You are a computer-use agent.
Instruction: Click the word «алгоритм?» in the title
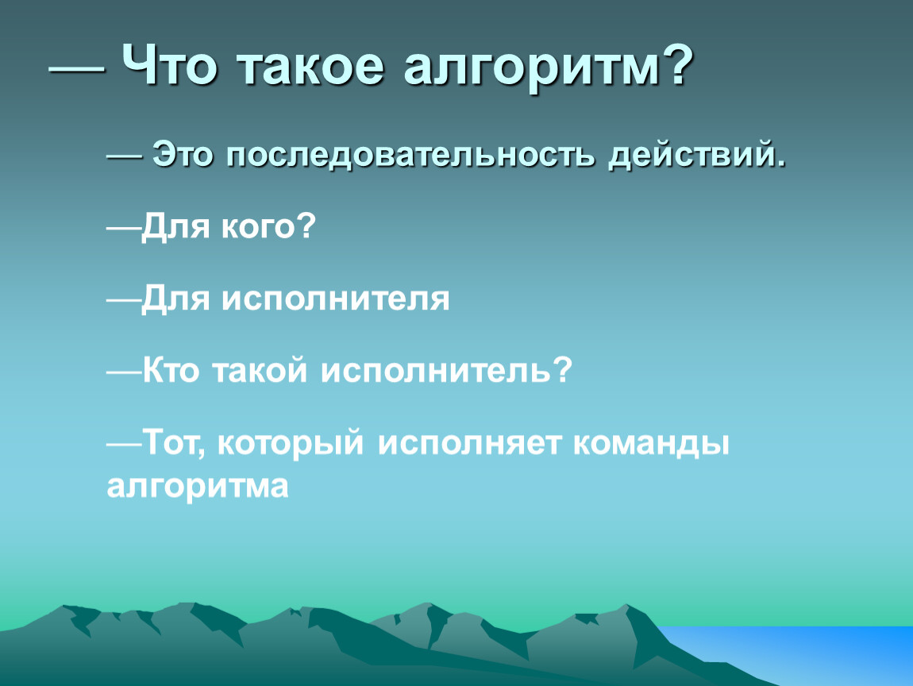click(x=548, y=66)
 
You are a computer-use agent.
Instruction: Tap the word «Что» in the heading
click(x=169, y=64)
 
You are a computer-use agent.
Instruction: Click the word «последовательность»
click(x=410, y=156)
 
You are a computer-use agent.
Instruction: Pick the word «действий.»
click(x=698, y=156)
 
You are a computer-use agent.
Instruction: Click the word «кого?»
click(x=268, y=226)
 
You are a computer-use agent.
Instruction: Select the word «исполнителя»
click(x=335, y=299)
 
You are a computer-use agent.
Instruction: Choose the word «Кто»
click(x=171, y=370)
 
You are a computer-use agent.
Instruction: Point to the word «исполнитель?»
click(x=447, y=370)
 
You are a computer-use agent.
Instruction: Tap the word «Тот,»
click(x=174, y=444)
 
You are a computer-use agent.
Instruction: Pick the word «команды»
click(x=651, y=445)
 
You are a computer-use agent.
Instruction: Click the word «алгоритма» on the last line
click(x=198, y=488)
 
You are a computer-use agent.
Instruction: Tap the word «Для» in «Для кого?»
click(x=175, y=227)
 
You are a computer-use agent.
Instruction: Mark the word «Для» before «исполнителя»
click(x=175, y=300)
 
